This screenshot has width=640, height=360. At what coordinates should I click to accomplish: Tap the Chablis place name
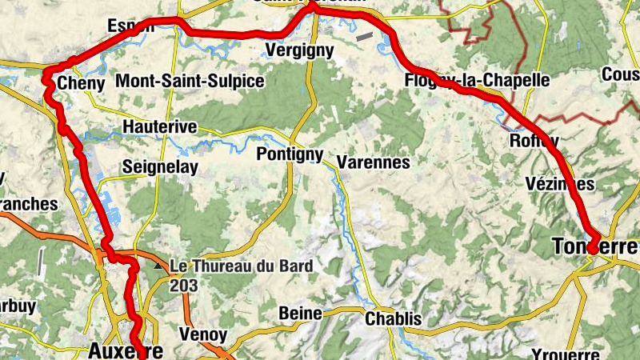[393, 319]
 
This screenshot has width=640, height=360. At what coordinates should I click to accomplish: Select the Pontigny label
[290, 155]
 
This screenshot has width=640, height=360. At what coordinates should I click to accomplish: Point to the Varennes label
[373, 162]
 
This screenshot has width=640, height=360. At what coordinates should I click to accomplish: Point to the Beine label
[300, 314]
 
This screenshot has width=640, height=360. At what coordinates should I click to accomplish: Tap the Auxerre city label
[126, 350]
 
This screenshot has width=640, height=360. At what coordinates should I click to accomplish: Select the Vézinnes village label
[560, 184]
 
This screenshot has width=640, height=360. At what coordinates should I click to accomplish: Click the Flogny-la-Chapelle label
[478, 80]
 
